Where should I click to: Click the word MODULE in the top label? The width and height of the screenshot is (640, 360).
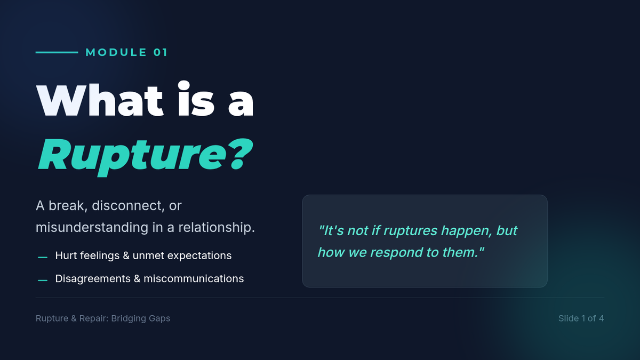(x=116, y=52)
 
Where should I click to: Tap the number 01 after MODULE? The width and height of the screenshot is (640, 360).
(x=161, y=52)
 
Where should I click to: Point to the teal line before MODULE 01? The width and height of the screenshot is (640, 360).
(x=57, y=52)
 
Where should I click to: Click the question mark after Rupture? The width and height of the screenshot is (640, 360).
(x=241, y=154)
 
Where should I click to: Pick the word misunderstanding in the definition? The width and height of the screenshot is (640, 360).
(x=92, y=228)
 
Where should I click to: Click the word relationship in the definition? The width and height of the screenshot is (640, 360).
(x=217, y=228)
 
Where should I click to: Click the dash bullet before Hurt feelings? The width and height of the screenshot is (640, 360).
(x=43, y=258)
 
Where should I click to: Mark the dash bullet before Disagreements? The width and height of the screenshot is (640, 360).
(x=43, y=281)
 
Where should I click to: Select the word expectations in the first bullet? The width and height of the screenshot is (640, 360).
(x=199, y=256)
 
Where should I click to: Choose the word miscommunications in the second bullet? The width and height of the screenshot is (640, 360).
(x=194, y=279)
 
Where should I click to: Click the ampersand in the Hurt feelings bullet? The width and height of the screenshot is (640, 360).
(x=126, y=255)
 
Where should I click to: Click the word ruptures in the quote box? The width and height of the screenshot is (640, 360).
(x=410, y=231)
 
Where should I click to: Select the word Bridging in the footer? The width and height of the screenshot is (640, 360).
(x=127, y=318)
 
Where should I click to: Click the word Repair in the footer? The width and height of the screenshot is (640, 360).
(x=94, y=318)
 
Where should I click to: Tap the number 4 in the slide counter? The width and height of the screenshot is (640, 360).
(x=602, y=318)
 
